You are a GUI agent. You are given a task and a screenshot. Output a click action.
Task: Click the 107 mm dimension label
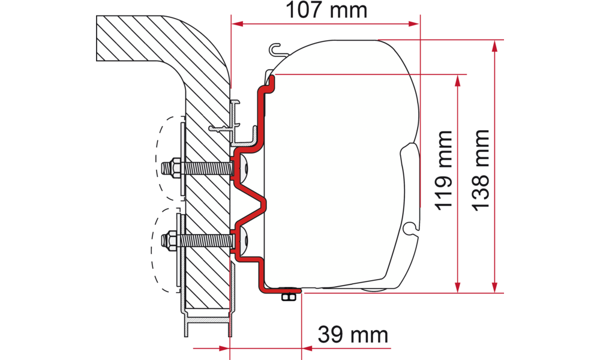326,10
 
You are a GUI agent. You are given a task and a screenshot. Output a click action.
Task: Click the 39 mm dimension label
353,335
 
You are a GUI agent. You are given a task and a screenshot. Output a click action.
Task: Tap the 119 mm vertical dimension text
444,170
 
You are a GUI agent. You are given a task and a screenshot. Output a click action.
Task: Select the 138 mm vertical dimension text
481,170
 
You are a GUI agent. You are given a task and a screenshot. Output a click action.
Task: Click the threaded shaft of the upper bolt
207,167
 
